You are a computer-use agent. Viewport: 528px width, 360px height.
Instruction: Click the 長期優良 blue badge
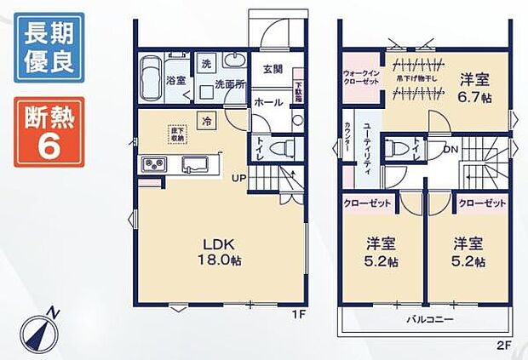coord(49,49)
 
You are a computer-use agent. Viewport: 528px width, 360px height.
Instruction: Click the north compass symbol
coord(38,330)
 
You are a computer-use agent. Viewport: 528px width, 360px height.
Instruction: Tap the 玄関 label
coord(273,70)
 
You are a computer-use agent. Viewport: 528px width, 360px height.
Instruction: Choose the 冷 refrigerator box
coord(208,122)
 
